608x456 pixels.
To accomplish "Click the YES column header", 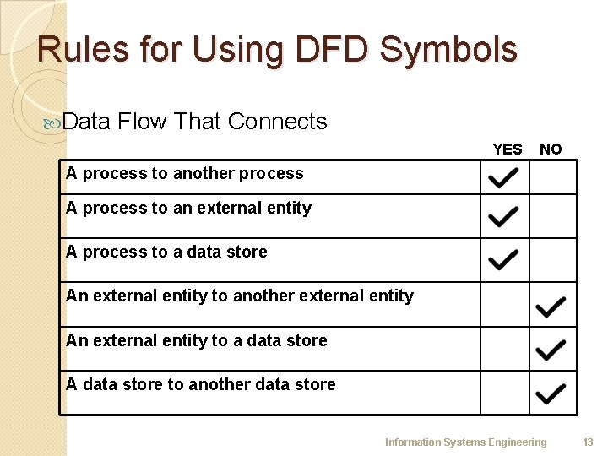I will click(507, 149).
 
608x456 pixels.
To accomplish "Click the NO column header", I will click(551, 149).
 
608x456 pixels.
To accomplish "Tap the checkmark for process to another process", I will click(503, 178).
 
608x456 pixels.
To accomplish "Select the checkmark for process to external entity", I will click(503, 218).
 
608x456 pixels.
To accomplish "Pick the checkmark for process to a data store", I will click(503, 259).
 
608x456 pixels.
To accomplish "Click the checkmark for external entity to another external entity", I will click(551, 307).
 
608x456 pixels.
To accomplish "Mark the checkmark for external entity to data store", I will click(551, 349).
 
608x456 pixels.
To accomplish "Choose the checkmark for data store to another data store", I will click(551, 393).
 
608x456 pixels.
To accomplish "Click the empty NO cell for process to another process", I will click(553, 177).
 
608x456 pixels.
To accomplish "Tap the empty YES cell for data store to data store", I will click(505, 393).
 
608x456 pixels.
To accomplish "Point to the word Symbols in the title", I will click(448, 50).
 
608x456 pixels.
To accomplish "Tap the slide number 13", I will click(588, 442).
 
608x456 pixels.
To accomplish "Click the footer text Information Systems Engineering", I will click(465, 442).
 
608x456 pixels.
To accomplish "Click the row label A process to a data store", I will click(166, 252).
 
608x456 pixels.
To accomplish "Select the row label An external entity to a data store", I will click(197, 340).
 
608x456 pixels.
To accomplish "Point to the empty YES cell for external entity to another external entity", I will click(505, 304).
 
